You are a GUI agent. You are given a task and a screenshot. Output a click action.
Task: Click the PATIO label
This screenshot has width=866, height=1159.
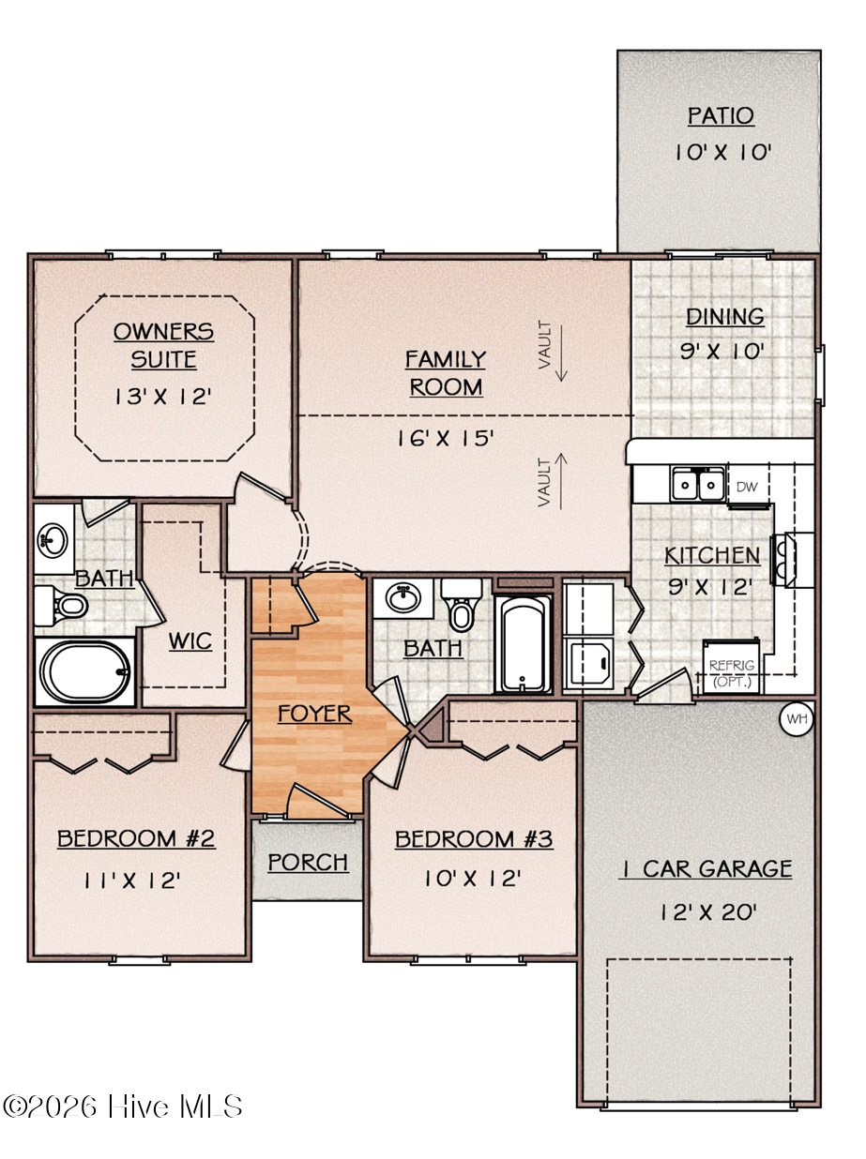click(x=721, y=115)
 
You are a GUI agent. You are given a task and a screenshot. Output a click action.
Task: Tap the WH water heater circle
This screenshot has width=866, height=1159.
click(x=797, y=718)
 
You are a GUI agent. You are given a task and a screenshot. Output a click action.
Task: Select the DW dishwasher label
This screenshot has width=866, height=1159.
click(x=747, y=487)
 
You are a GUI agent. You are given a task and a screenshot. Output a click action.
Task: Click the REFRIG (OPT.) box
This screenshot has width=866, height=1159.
click(x=731, y=667)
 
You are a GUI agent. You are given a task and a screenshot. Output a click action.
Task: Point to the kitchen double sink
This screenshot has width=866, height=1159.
click(x=697, y=483)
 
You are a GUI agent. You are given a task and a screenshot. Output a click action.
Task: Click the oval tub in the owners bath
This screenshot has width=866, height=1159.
click(x=85, y=671)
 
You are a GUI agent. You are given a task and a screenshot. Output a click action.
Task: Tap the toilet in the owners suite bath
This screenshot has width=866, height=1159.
click(x=61, y=606)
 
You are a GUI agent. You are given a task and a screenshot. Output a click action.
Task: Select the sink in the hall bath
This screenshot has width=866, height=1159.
click(x=403, y=598)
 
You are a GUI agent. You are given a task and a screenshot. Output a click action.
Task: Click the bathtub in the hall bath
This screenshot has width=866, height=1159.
click(x=524, y=643)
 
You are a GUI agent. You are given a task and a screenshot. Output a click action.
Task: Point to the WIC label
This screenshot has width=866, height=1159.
click(x=190, y=641)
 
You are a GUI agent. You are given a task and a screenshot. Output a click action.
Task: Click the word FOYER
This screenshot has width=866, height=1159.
click(x=315, y=714)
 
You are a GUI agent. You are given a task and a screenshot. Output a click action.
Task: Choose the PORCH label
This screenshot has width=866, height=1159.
click(x=308, y=863)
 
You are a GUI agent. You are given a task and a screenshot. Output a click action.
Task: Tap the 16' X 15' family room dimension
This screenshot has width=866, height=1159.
click(x=445, y=438)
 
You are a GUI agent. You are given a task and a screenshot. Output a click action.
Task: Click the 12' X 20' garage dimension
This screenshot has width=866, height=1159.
click(x=709, y=911)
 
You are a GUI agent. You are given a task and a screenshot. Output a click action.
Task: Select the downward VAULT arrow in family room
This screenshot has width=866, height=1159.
click(x=561, y=353)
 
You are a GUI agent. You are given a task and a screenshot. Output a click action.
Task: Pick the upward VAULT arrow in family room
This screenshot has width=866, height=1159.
click(x=561, y=482)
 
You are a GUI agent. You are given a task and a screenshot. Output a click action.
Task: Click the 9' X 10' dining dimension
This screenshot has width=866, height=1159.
click(x=722, y=351)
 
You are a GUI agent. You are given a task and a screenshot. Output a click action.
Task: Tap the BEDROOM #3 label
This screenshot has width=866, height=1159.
click(x=474, y=839)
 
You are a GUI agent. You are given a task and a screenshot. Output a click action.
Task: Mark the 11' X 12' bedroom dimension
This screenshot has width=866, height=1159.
click(x=132, y=881)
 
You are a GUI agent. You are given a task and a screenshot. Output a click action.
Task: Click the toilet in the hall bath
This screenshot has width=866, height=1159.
click(x=462, y=605)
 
